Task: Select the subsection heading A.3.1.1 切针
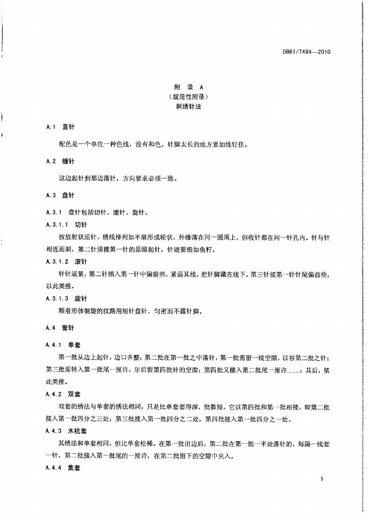[67, 225]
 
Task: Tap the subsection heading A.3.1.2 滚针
[67, 261]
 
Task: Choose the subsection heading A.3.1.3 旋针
[67, 298]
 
